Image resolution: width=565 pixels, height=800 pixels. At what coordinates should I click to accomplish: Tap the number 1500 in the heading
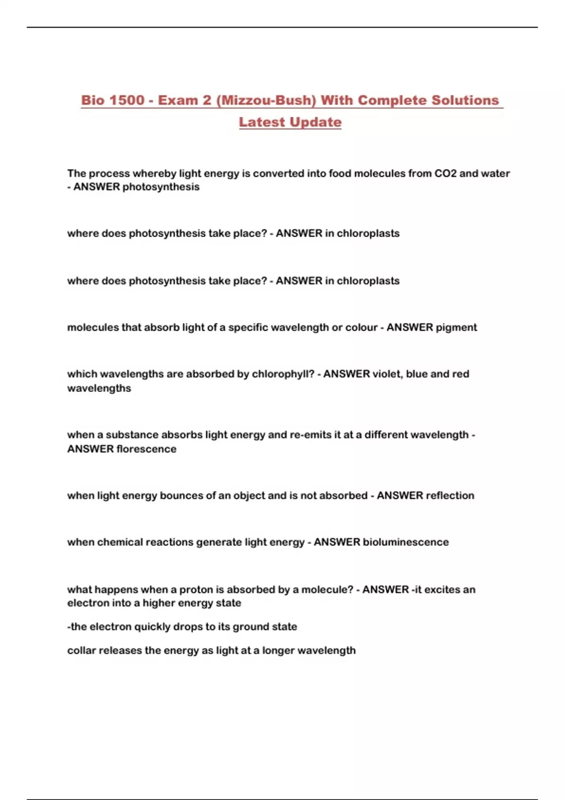point(127,100)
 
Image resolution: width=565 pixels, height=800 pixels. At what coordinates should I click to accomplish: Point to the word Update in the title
point(315,122)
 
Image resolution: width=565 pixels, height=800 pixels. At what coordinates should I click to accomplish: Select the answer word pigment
point(456,328)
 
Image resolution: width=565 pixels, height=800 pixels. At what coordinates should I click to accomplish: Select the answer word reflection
point(450,496)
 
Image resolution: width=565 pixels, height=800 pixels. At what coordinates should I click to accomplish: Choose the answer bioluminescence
point(405,542)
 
